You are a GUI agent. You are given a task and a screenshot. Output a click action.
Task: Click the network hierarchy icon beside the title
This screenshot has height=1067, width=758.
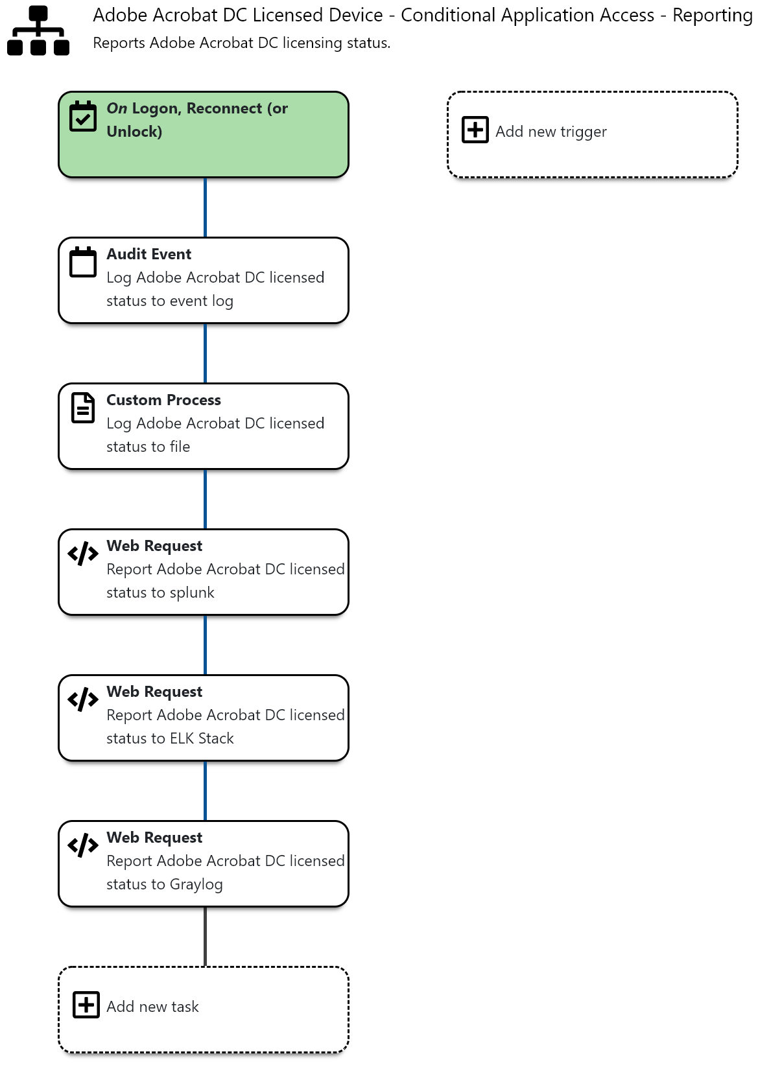pos(38,30)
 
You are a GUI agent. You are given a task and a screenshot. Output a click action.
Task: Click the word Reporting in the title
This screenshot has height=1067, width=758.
pos(711,15)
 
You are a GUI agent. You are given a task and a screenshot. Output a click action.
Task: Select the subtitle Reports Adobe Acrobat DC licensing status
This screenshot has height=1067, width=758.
pos(241,43)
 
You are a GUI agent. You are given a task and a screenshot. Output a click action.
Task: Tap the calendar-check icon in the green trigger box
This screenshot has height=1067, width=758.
pos(83,117)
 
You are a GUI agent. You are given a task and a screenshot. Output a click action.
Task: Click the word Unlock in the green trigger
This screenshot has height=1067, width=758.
pos(133,132)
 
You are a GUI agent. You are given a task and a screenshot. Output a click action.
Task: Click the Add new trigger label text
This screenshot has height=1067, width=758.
pos(551,132)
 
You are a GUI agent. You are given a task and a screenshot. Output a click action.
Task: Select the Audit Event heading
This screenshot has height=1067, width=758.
pos(148,254)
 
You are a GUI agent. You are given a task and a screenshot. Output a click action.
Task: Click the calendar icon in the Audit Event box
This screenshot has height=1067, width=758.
pos(83,262)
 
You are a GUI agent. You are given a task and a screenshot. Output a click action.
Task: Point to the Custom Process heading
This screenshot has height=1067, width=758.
pos(163,400)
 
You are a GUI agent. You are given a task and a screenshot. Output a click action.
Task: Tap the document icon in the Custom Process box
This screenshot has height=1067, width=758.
pos(83,408)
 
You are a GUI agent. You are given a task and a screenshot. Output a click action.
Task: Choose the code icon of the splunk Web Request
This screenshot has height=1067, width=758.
pos(83,554)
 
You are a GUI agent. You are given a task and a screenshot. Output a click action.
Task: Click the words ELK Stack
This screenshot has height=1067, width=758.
pos(202,738)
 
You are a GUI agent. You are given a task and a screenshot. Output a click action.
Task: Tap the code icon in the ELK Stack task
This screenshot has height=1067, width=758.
pos(83,699)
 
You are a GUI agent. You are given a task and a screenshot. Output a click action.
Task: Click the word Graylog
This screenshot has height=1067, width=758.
pos(196,885)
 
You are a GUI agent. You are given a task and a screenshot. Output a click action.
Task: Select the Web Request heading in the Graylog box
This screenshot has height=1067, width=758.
pos(154,838)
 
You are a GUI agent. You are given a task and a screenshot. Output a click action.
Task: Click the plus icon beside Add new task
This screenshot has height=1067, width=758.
pos(86,1005)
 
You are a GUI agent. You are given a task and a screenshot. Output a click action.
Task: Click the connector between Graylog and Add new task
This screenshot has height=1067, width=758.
pos(206,937)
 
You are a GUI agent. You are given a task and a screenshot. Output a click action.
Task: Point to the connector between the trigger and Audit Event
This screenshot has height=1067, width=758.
pos(206,207)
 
